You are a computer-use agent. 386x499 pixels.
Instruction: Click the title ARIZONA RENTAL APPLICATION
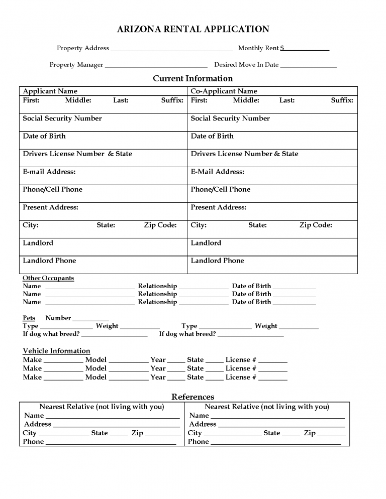[x=193, y=30]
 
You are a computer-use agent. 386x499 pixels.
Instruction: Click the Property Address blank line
[x=171, y=49]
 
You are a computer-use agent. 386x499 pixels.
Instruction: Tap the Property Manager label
[x=76, y=65]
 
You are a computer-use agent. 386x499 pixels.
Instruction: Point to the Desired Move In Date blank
[x=308, y=65]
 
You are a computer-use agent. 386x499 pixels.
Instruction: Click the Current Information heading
[x=192, y=78]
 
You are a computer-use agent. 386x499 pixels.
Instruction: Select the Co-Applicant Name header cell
[x=272, y=91]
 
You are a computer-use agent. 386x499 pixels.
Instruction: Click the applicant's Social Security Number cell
[x=103, y=122]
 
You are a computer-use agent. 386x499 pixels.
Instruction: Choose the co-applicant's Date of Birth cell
[x=272, y=140]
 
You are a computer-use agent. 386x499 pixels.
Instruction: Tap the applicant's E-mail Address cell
[x=103, y=175]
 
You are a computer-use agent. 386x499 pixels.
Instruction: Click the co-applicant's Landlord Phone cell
[x=272, y=264]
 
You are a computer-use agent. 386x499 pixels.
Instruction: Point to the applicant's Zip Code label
[x=160, y=225]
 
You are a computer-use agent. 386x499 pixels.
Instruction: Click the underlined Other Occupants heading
[x=48, y=278]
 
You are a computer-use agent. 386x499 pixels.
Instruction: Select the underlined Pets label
[x=29, y=318]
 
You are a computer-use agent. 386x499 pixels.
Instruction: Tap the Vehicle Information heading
[x=56, y=351]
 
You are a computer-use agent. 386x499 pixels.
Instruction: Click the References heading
[x=192, y=397]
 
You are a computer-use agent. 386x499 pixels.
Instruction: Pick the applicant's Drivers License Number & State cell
[x=103, y=158]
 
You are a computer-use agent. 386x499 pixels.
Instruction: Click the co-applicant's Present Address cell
[x=272, y=211]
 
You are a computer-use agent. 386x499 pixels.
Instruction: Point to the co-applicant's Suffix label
[x=342, y=100]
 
